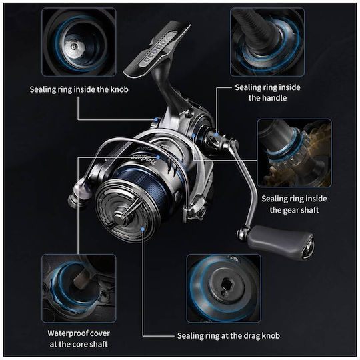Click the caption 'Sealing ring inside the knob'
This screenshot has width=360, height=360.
(x=79, y=89)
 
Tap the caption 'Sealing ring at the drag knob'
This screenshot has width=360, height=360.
(x=229, y=335)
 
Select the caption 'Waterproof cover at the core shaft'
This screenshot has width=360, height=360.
(x=79, y=339)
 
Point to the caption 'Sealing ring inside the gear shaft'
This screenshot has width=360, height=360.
(x=294, y=204)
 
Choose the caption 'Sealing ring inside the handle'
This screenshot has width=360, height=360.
(x=268, y=93)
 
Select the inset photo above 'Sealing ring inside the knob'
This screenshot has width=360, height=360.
(x=79, y=42)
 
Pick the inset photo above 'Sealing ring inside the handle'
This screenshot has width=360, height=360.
(x=267, y=42)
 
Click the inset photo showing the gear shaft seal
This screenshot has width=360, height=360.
(x=295, y=153)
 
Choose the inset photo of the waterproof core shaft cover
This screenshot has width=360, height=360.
(x=79, y=288)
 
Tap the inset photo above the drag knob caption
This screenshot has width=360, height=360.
(x=224, y=288)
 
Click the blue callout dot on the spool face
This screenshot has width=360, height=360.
(x=143, y=229)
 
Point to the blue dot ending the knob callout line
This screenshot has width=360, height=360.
(x=156, y=119)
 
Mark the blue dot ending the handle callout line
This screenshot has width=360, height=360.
(x=216, y=134)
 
